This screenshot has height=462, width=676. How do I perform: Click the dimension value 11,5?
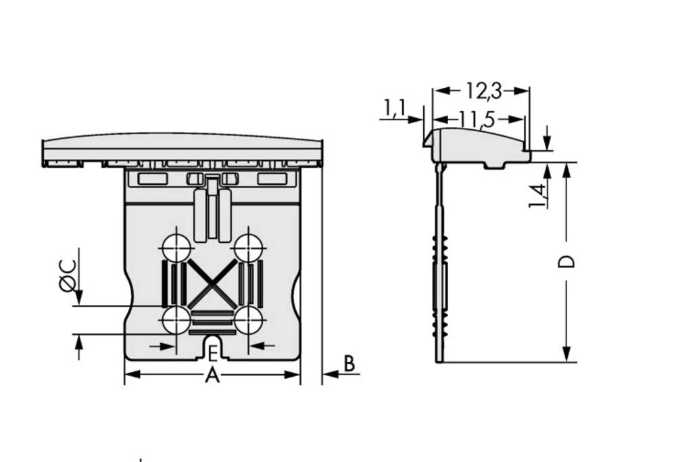coord(477,120)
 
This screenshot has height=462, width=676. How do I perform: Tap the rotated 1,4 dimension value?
coord(539,195)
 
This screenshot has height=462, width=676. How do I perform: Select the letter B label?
coord(349,364)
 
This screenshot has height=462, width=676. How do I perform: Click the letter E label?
coord(212,354)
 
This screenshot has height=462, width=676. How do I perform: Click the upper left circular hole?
coord(176,248)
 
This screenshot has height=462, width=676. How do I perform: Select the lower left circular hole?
coord(176,320)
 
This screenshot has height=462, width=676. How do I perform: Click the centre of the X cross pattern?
coord(212,284)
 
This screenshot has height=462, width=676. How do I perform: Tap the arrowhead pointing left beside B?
coord(327,373)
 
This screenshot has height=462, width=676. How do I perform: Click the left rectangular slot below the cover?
coord(152,179)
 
